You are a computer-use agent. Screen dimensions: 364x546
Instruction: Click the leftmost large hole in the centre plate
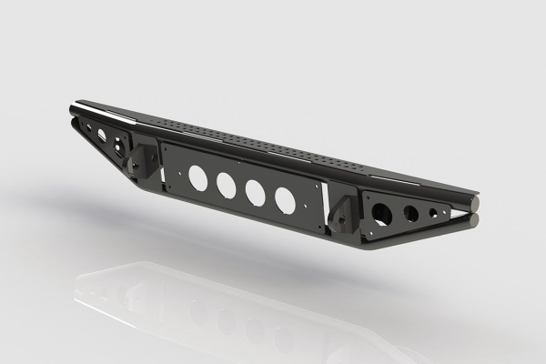(x=197, y=175)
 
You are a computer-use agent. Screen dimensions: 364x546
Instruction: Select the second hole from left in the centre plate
(x=227, y=184)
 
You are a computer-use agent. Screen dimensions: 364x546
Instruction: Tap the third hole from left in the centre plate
(x=257, y=191)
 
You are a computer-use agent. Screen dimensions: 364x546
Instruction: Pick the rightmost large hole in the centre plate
(x=285, y=199)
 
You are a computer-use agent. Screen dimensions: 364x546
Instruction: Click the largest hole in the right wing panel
(x=381, y=212)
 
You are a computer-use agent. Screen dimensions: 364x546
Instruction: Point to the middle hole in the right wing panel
(x=411, y=217)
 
